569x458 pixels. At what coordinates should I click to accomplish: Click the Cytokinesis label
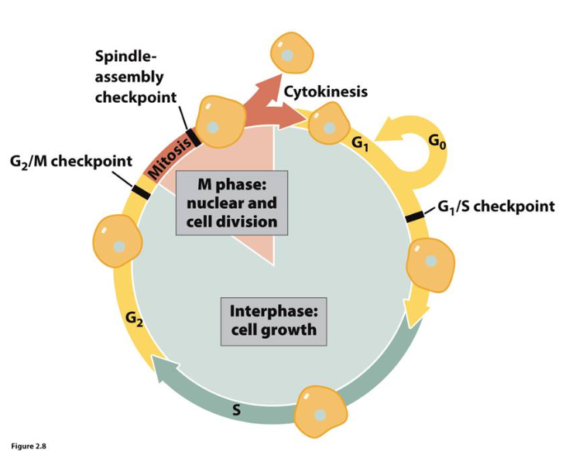[x=325, y=92]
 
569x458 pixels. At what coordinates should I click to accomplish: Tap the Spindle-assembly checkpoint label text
[x=135, y=77]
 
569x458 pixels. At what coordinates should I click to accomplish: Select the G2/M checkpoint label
[x=72, y=162]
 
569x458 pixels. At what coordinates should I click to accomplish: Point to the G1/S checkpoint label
[x=495, y=207]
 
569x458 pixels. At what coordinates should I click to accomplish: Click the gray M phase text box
[x=231, y=203]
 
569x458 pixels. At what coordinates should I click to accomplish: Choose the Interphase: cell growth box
[x=273, y=321]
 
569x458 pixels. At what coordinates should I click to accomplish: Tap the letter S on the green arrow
[x=236, y=411]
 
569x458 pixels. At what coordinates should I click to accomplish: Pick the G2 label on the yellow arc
[x=133, y=317]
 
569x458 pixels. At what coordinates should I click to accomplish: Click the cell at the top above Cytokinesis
[x=291, y=54]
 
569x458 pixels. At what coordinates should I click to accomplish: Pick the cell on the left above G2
[x=118, y=241]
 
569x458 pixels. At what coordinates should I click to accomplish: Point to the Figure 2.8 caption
[x=28, y=446]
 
